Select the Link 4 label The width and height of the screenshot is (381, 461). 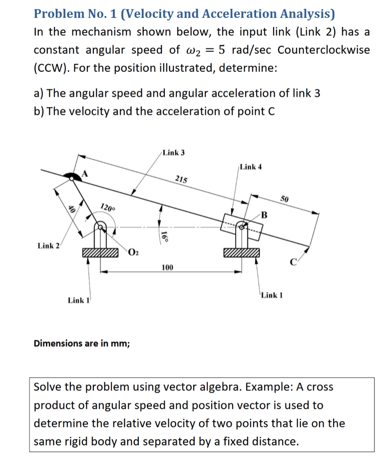[251, 167]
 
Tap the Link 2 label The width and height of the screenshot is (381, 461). [49, 245]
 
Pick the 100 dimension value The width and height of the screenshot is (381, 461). [167, 268]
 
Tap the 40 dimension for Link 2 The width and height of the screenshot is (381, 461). [71, 211]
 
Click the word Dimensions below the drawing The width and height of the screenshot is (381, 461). [55, 343]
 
